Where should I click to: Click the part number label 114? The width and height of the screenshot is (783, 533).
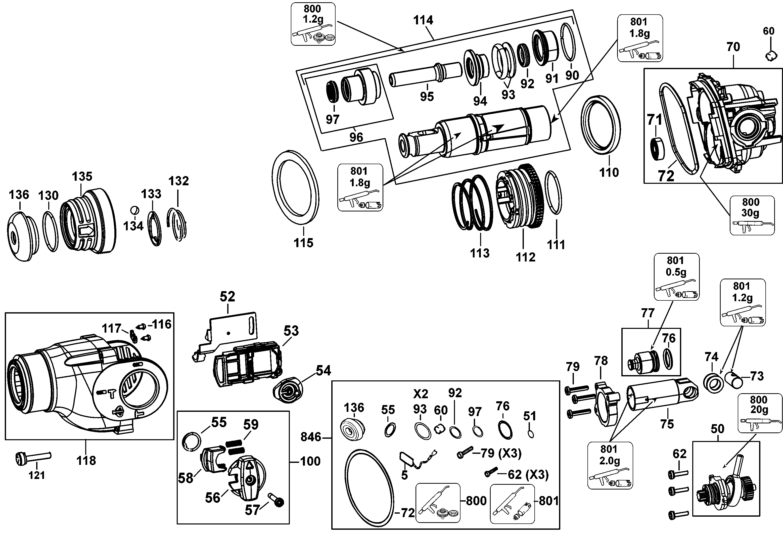click(423, 20)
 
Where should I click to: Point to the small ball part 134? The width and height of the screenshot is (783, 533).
click(134, 210)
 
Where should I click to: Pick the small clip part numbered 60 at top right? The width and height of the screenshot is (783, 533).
click(769, 56)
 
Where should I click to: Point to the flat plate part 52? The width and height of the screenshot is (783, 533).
click(233, 329)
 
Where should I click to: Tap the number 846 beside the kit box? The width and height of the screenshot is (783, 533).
click(311, 437)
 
